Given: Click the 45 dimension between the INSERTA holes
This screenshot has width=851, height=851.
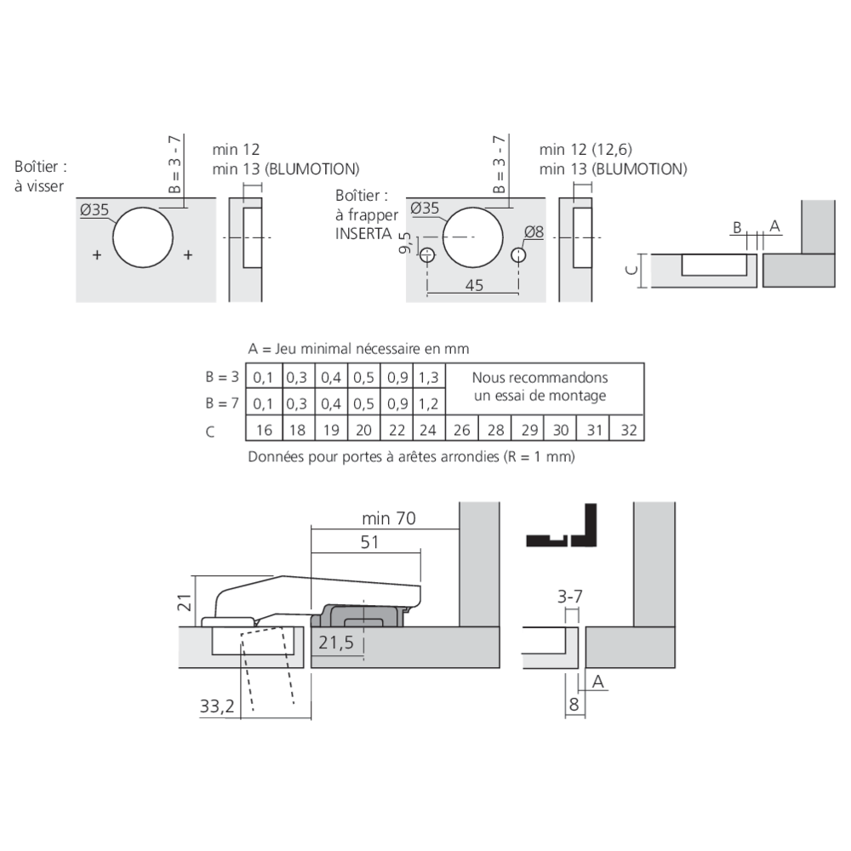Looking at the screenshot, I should (x=475, y=286).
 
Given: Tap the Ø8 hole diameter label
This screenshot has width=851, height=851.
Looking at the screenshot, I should (x=534, y=231).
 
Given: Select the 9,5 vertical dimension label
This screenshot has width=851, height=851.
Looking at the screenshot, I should (x=408, y=243).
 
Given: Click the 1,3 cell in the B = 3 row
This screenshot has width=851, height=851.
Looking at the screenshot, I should (x=430, y=377).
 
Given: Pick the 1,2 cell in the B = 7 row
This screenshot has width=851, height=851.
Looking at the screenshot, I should (x=430, y=403).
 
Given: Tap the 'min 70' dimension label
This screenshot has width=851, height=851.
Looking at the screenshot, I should (x=387, y=519).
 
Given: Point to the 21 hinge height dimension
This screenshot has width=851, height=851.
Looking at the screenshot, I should (x=182, y=603).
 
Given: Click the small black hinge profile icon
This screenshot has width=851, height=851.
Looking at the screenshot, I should (x=562, y=527).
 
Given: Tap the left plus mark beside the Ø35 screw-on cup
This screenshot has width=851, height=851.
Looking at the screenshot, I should (x=96, y=255).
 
